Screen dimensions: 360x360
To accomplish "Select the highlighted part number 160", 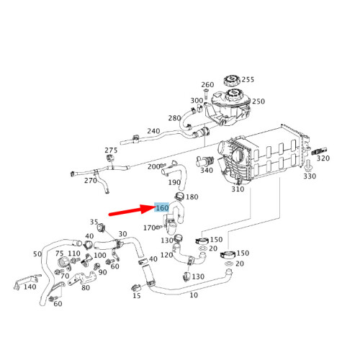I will tap(162, 208).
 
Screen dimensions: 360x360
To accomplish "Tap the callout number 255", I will tap(248, 80).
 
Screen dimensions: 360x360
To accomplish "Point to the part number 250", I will tap(257, 102).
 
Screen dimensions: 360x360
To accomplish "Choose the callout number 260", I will tap(207, 85).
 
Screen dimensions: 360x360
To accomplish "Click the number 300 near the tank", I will tap(197, 101).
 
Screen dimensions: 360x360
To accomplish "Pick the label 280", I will tap(174, 118).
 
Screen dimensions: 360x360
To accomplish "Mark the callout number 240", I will tap(153, 132).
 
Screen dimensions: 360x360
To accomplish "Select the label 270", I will tap(90, 181).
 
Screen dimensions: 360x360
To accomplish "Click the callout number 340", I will tap(207, 171).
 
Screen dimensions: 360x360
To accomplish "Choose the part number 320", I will tap(323, 158).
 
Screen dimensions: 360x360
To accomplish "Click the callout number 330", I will tap(310, 176).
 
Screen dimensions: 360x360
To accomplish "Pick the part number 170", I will tap(149, 228).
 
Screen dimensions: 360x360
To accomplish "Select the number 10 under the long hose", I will tap(194, 295).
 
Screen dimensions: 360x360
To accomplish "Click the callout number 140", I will tap(29, 287).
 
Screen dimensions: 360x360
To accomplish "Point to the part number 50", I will tap(37, 254).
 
